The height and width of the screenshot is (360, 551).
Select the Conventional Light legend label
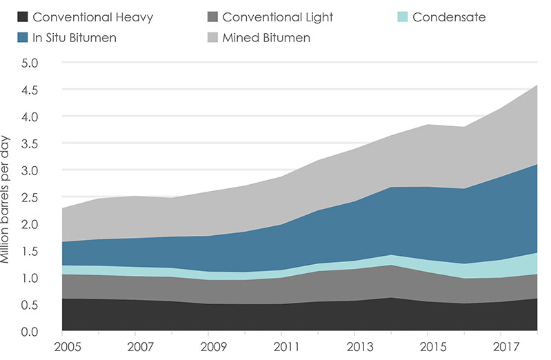click(275, 17)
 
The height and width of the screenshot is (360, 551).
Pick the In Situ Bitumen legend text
click(75, 38)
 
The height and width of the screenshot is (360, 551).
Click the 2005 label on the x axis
click(62, 346)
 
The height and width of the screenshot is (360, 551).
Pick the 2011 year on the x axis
click(281, 346)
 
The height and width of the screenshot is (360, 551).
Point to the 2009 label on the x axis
click(208, 346)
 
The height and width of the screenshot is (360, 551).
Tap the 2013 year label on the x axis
click(354, 346)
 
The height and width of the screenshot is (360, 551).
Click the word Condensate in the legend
click(449, 17)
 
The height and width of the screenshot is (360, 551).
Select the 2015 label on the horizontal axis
click(428, 346)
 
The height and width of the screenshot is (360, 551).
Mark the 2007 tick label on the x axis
click(135, 346)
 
